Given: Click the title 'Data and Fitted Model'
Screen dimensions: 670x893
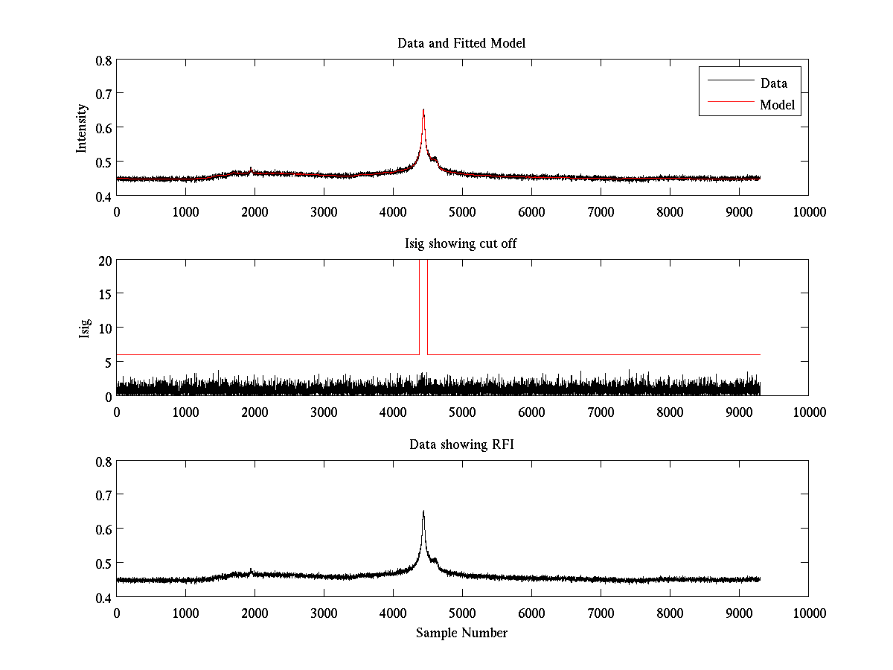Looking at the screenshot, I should [x=461, y=43].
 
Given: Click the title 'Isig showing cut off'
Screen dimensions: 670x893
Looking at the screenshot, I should [x=461, y=244].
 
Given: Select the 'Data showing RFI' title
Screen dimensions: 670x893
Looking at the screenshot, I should [x=461, y=444].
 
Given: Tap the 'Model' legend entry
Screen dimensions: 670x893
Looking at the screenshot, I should [x=778, y=105].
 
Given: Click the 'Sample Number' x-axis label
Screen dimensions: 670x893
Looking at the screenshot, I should [x=461, y=633].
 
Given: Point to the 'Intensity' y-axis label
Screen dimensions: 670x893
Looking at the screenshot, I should [x=83, y=127].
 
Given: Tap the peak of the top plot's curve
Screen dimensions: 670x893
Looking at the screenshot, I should [x=423, y=110].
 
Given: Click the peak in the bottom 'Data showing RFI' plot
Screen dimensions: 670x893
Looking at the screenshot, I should [x=423, y=511].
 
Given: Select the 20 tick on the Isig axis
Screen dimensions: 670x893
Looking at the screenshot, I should [x=105, y=261].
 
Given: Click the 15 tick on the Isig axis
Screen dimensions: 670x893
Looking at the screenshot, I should [x=105, y=294].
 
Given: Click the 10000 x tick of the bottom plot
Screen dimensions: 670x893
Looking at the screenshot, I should [x=808, y=613].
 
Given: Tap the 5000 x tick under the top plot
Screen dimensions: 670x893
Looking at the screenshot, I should [x=462, y=211].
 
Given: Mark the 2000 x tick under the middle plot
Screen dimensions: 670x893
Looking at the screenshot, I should [x=255, y=412].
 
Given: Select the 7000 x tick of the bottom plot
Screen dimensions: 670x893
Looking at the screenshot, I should [x=601, y=613].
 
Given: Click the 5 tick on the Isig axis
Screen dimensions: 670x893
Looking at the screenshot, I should [x=108, y=362].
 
